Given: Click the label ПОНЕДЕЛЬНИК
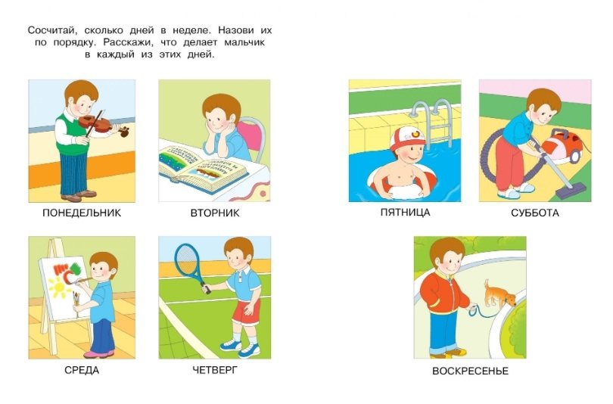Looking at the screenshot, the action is (x=82, y=213).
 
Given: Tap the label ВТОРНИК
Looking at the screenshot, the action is (x=215, y=213).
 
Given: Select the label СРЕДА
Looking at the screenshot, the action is (x=82, y=370).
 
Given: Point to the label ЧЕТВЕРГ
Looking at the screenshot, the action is (x=215, y=370).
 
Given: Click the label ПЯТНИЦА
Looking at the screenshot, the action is (x=405, y=212).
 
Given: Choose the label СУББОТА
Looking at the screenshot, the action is (x=535, y=213).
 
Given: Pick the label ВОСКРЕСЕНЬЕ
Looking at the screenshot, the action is (x=470, y=371).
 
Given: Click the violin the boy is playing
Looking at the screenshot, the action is (x=102, y=125).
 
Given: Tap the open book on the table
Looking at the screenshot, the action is (x=203, y=169).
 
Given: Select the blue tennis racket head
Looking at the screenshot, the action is (x=187, y=259).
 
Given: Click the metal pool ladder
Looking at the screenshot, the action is (x=434, y=120).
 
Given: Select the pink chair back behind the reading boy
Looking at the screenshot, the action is (x=251, y=136).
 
